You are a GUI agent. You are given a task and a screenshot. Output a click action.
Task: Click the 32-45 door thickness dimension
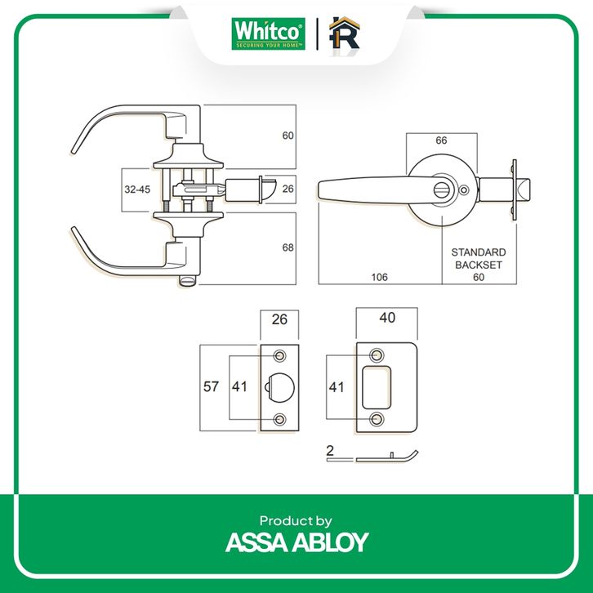pyautogui.click(x=136, y=189)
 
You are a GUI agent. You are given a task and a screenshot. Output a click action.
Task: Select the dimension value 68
pyautogui.click(x=287, y=247)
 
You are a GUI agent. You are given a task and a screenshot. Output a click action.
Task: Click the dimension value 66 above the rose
pyautogui.click(x=441, y=140)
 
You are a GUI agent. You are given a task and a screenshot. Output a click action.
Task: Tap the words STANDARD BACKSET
pyautogui.click(x=479, y=259)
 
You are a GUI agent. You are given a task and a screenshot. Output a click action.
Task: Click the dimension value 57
pyautogui.click(x=212, y=387)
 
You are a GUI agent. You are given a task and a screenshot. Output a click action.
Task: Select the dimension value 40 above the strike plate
pyautogui.click(x=388, y=319)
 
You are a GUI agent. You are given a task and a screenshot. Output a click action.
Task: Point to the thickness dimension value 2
pyautogui.click(x=330, y=451)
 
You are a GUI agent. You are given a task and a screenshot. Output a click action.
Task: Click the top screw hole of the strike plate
pyautogui.click(x=377, y=355)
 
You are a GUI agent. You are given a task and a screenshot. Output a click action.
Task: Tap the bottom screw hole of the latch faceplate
pyautogui.click(x=281, y=419)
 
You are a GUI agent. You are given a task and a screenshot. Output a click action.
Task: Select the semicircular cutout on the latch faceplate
pyautogui.click(x=276, y=387)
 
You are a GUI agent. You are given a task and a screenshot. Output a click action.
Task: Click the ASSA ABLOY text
pyautogui.click(x=296, y=542)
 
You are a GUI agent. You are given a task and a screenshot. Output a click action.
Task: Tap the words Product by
pyautogui.click(x=296, y=520)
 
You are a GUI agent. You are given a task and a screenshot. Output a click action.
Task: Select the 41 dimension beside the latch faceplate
pyautogui.click(x=240, y=387)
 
